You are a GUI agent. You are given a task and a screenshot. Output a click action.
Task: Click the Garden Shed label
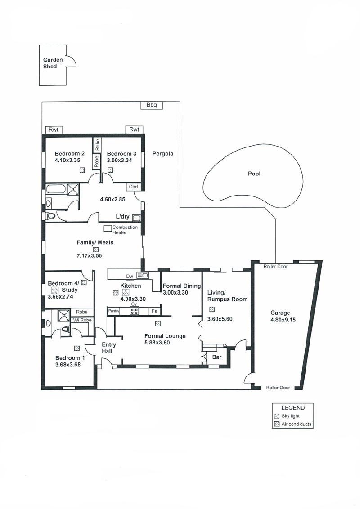pos(53,63)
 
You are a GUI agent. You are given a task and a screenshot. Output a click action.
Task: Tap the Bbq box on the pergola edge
pos(151,105)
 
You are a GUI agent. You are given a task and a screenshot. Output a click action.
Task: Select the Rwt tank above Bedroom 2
pos(54,130)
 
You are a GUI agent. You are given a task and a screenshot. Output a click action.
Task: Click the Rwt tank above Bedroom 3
pos(134,129)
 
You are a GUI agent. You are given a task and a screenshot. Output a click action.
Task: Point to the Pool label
pos(254,174)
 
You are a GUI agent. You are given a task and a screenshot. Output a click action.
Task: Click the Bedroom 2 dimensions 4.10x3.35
pos(67,160)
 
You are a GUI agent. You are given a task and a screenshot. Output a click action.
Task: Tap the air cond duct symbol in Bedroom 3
pos(110,170)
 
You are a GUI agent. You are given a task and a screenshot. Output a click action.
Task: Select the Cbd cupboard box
pos(134,187)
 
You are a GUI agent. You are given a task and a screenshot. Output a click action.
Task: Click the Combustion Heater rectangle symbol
pos(108,228)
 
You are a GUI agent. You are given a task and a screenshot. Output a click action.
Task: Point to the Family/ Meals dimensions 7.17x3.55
pos(89,255)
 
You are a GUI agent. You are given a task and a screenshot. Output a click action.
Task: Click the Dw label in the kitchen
pos(130,277)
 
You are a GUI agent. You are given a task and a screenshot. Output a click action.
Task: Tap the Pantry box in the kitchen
pos(114,311)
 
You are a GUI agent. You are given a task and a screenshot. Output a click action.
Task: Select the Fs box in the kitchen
pos(155,311)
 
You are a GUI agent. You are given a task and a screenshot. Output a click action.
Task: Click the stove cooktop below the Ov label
pos(135,311)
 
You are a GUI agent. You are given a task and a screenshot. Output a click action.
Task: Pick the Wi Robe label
pos(82,320)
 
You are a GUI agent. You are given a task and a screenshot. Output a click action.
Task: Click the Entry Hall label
pos(108,348)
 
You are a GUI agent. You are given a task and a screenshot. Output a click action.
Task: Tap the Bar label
pos(217,357)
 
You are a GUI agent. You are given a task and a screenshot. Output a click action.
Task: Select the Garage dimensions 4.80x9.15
pos(283,320)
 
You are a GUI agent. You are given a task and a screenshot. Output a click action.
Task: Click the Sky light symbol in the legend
pos(277,416)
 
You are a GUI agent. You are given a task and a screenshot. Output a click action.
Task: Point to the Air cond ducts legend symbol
pos(277,424)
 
